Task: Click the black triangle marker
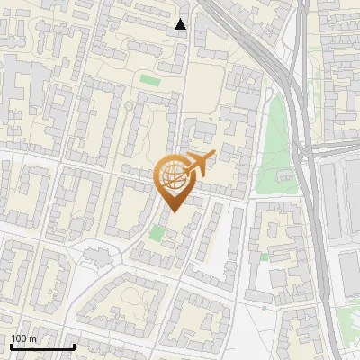click(x=181, y=24)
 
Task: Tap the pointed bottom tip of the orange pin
click(x=172, y=211)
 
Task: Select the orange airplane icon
click(x=196, y=165)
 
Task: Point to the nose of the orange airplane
click(x=212, y=157)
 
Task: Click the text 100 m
click(x=23, y=338)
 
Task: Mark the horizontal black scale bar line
click(x=42, y=346)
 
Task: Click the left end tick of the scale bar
click(x=11, y=345)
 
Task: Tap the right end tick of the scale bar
click(x=74, y=345)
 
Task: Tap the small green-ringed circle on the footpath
click(x=128, y=106)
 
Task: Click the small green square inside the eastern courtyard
click(x=265, y=256)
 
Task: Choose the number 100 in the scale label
click(x=19, y=338)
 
